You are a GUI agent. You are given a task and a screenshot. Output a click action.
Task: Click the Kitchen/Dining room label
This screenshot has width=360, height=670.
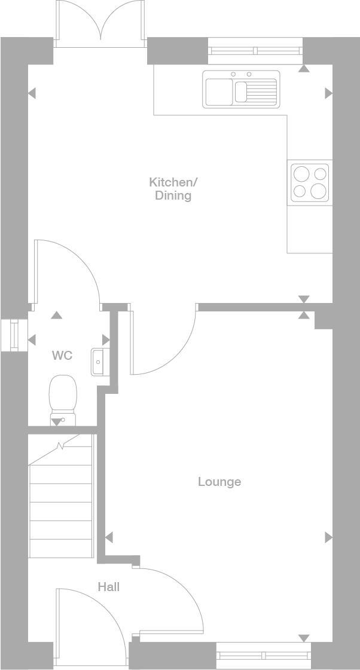tap(173, 188)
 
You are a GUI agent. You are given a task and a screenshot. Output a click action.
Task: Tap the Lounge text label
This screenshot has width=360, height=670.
tap(219, 482)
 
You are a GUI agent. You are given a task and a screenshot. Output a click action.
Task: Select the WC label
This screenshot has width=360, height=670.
tap(62, 356)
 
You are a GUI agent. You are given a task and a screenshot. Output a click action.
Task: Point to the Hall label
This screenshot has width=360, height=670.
tap(109, 587)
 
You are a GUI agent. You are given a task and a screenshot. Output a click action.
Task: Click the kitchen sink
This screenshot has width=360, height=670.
tap(241, 89)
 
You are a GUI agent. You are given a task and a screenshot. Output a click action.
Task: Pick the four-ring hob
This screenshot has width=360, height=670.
tap(310, 182)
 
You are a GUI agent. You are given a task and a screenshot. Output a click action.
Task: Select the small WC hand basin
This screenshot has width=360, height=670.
tap(97, 362)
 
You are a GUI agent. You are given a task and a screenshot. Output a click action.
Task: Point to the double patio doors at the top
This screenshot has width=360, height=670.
tap(100, 24)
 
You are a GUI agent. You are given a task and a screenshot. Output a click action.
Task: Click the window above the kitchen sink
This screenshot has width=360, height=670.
tap(255, 51)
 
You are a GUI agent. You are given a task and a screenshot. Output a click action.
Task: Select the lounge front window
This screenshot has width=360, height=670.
tap(263, 656)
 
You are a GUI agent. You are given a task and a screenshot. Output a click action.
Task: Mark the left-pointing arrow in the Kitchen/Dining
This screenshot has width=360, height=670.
tap(32, 93)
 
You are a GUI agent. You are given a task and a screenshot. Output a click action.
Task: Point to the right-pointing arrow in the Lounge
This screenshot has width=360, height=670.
tap(328, 537)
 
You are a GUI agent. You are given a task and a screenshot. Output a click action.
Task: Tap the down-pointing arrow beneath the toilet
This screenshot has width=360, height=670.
tap(56, 423)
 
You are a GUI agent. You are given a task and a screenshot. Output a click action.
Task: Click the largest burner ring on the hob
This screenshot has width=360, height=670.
tap(319, 191)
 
